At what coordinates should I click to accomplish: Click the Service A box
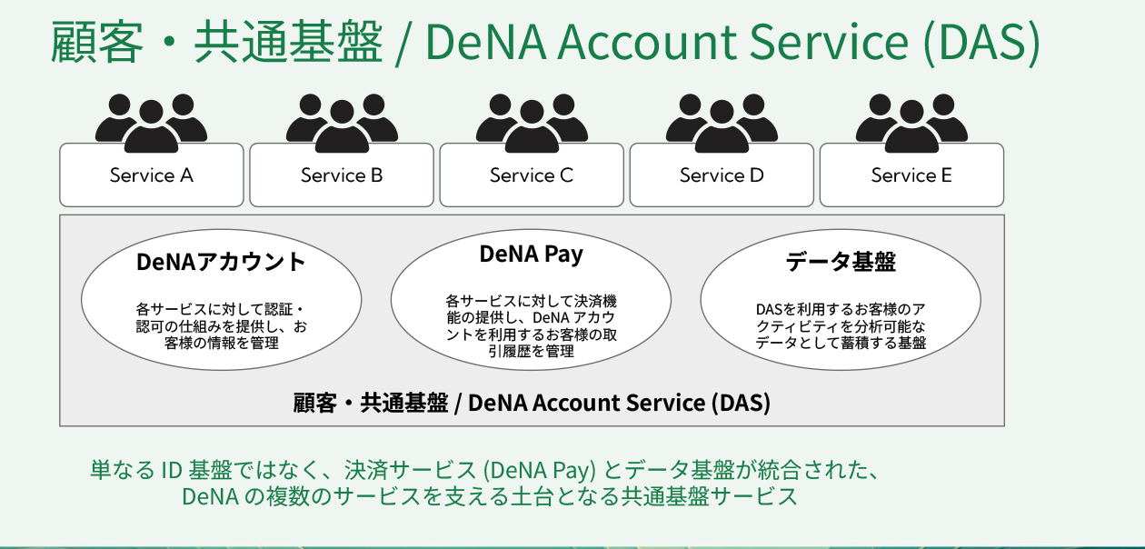coord(152,175)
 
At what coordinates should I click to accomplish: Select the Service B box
coord(342,175)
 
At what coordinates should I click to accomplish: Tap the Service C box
coord(532,175)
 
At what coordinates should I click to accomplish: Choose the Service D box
coord(722,175)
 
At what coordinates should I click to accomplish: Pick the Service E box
coord(911,175)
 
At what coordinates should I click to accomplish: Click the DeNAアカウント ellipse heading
coord(221,263)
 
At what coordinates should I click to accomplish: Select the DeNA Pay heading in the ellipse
coord(531,255)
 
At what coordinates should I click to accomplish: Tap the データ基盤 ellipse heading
coord(841,263)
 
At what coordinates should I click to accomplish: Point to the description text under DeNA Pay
coord(531,325)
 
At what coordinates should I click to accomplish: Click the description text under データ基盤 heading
coord(841,325)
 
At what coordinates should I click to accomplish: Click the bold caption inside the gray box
coord(532,403)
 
